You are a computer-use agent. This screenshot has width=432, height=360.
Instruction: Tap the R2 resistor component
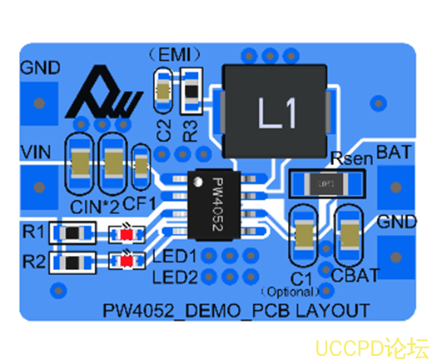pos(72,262)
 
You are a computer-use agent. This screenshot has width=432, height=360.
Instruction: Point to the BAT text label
pos(392,153)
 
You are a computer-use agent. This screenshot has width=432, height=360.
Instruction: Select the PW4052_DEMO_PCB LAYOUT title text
pos(236,310)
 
